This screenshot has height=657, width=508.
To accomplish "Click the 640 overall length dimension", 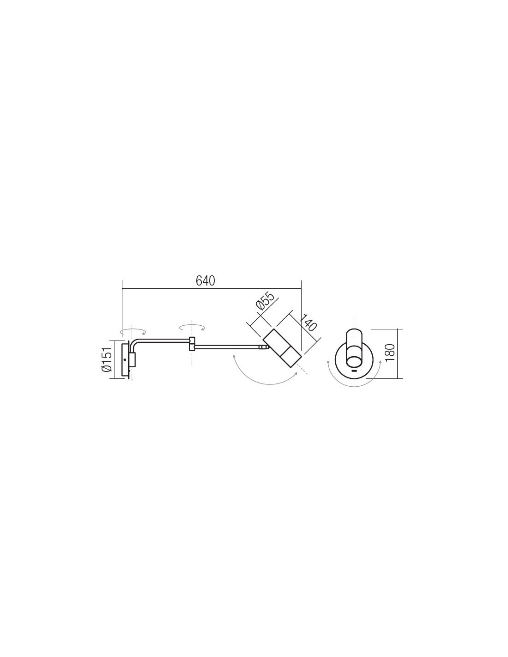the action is point(205,281).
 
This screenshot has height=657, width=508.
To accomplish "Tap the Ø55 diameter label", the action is point(266,301).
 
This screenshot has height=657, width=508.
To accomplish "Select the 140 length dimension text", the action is point(309,323).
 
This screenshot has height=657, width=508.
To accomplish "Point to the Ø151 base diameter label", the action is point(108,359).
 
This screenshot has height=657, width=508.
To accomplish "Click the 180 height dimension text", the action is point(390,352).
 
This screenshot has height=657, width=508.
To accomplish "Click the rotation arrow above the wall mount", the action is point(133,332).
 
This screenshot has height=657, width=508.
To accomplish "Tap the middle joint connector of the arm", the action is point(192,344).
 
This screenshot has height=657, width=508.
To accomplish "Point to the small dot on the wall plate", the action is point(125,360).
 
